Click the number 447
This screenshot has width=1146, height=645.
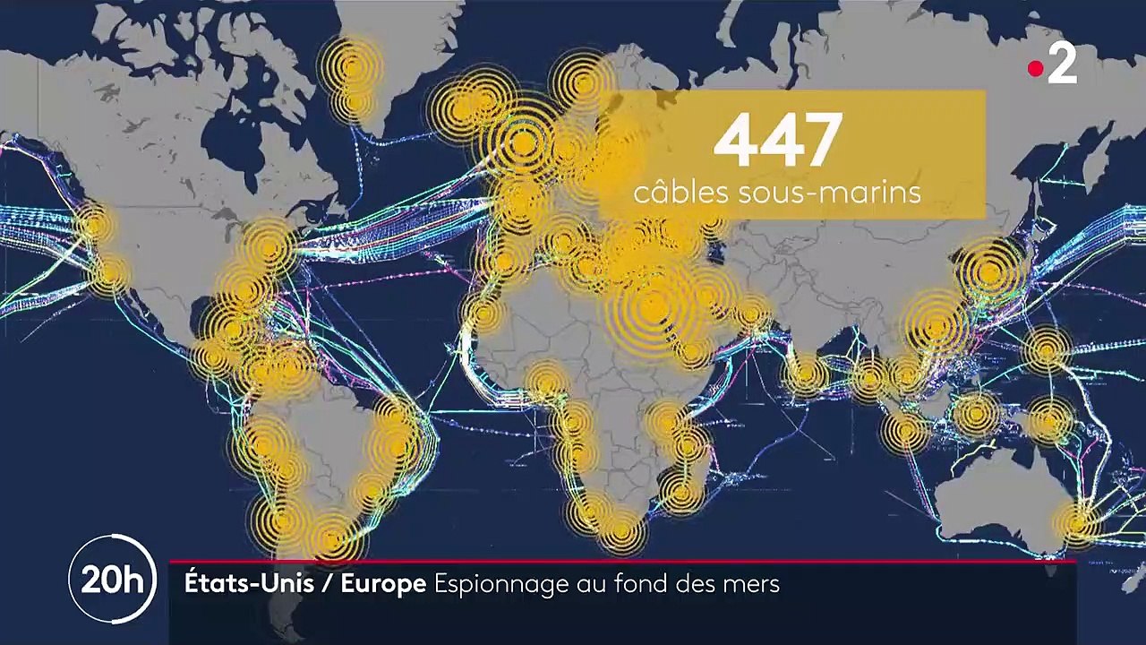coord(777,141)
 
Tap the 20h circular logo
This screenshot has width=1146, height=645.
coord(112,580)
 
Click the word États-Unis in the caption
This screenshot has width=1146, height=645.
coord(249,584)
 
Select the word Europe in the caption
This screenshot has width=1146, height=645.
coord(383,584)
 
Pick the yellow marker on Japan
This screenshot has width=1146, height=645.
coord(989,271)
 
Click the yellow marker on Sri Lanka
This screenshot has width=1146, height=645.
coord(806,374)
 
